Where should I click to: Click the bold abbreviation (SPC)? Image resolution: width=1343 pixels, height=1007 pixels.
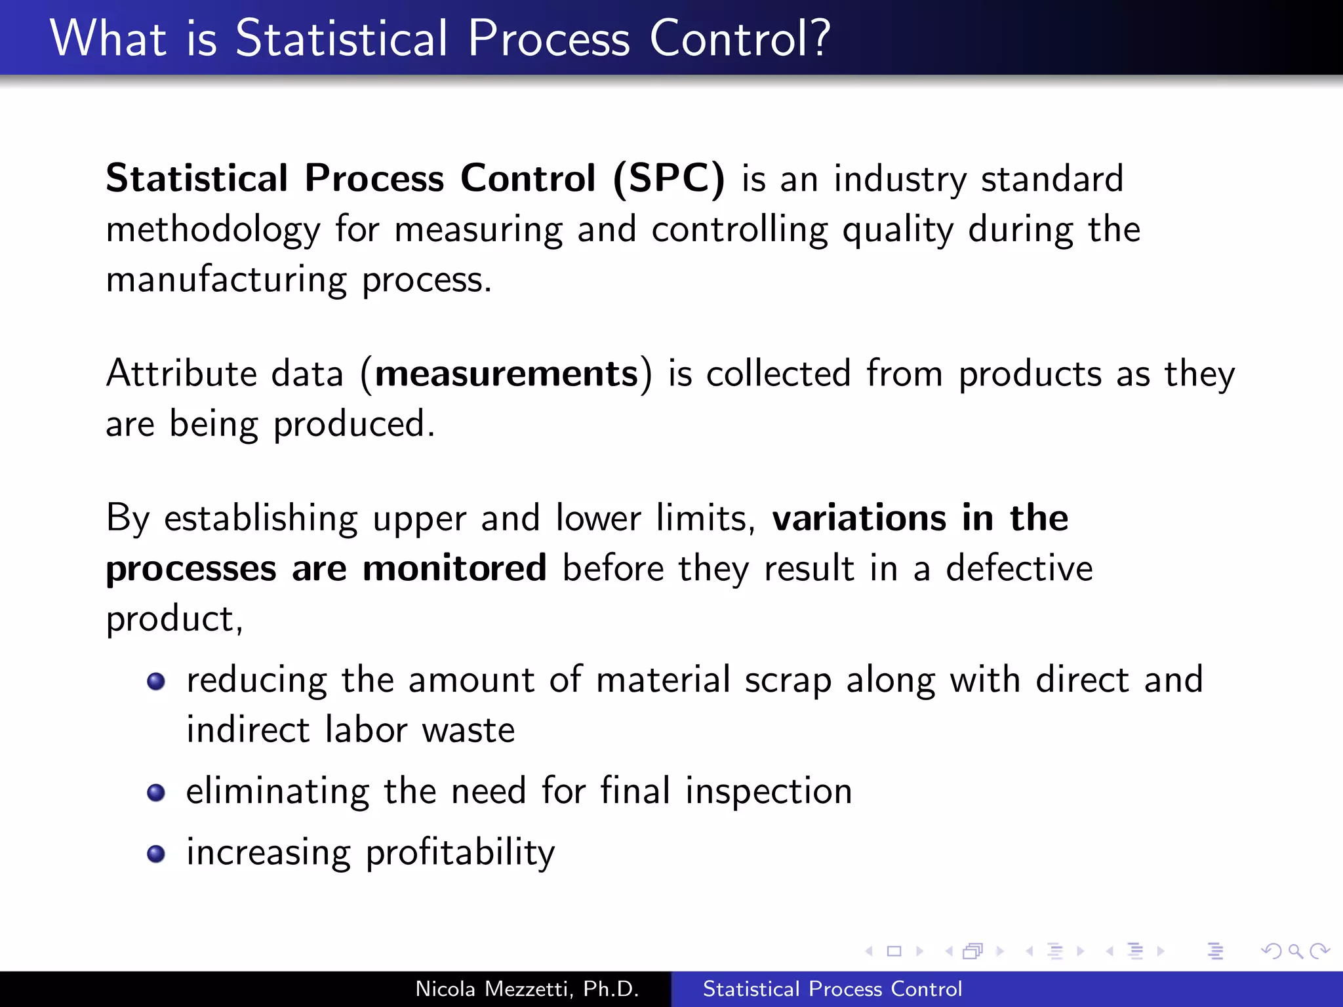point(669,178)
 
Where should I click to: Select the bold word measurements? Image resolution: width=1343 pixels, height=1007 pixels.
point(506,374)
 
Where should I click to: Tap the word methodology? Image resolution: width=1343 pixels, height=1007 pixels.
point(213,231)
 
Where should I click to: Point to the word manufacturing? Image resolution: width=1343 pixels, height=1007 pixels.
point(226,281)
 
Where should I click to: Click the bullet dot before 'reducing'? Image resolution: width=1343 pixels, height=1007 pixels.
point(156,682)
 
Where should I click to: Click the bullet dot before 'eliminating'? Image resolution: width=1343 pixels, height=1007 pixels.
point(156,793)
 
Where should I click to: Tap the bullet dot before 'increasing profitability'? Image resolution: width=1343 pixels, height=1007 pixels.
point(156,854)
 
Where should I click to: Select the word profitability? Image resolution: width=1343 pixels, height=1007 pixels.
point(460,854)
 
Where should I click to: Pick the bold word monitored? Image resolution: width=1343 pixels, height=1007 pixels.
point(454,568)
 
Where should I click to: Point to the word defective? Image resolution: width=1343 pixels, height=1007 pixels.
point(1019,568)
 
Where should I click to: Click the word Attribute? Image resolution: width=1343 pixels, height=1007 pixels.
point(181,374)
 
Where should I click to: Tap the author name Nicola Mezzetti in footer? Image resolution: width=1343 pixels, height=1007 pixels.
point(527,989)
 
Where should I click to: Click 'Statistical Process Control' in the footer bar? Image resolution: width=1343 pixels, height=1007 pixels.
point(832,989)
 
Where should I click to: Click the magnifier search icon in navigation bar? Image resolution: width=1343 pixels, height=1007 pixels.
point(1295,951)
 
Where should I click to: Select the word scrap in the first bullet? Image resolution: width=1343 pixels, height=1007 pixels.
point(788,681)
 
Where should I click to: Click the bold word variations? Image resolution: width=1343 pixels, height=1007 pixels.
point(859,518)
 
